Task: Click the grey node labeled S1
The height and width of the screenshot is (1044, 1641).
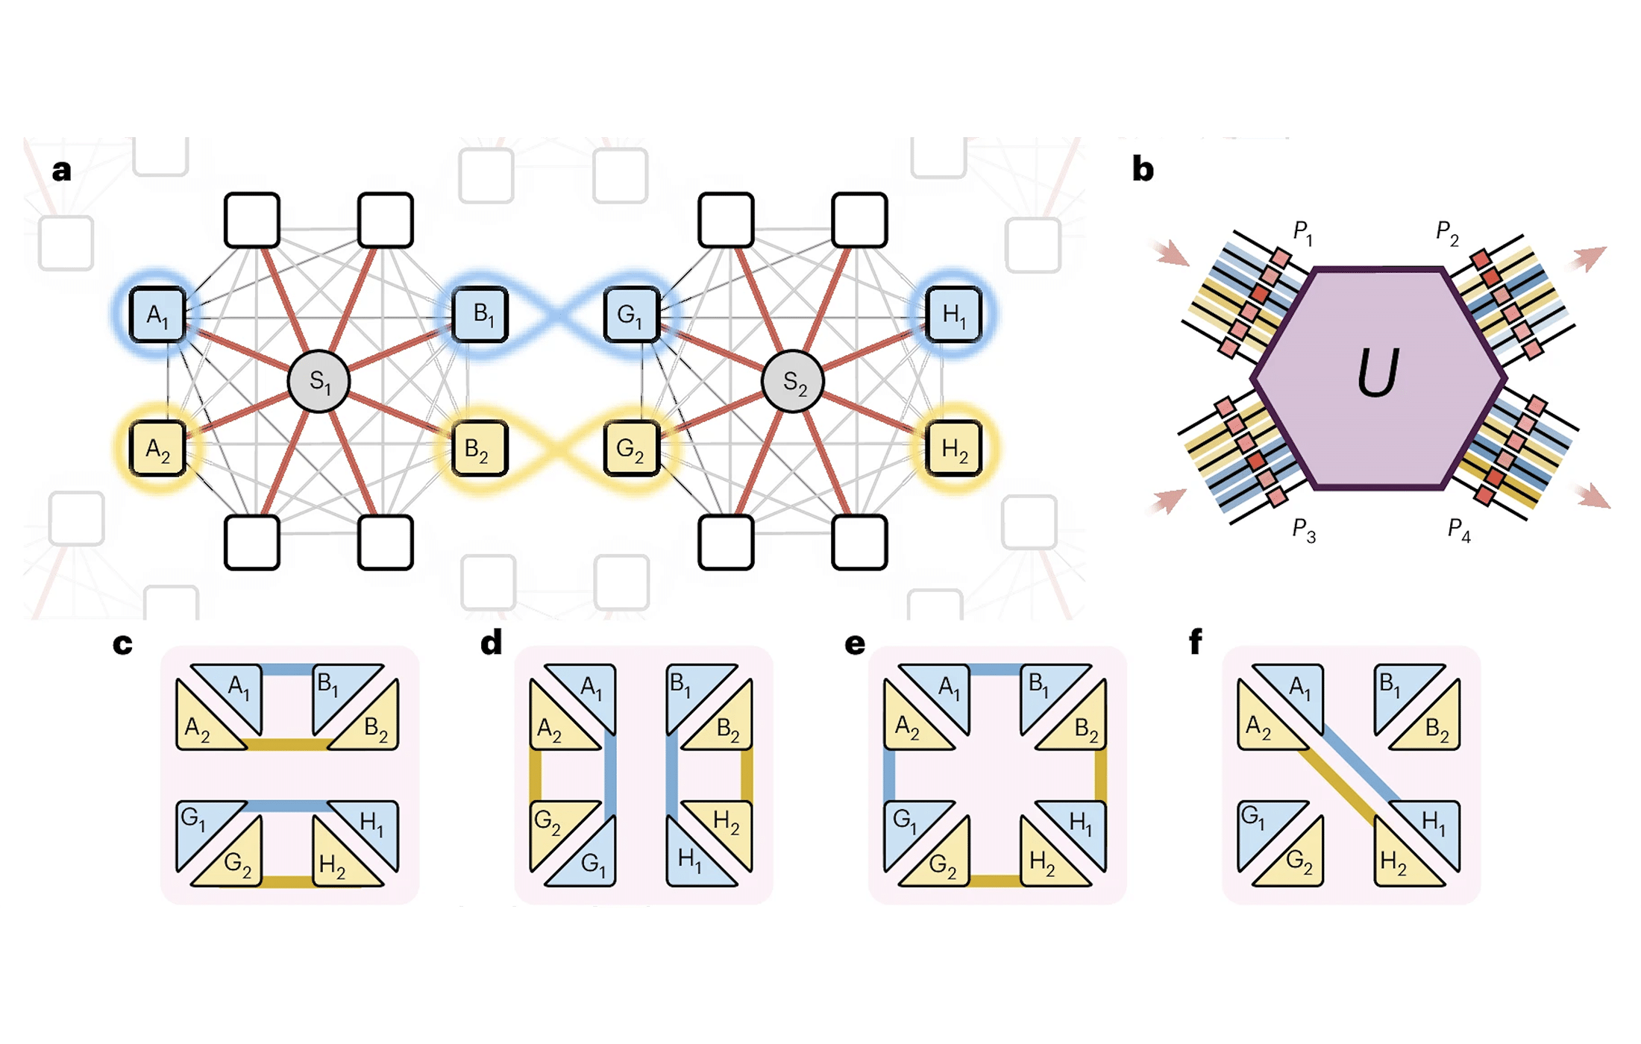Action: click(319, 381)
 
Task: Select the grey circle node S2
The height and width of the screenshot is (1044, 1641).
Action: click(793, 381)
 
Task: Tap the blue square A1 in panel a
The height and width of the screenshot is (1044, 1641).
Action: click(157, 315)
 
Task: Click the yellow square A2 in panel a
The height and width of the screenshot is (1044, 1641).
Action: click(157, 449)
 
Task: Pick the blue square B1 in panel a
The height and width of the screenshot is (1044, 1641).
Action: click(481, 315)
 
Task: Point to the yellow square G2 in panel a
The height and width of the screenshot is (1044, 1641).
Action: click(632, 449)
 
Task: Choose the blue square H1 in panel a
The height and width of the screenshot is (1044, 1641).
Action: click(953, 315)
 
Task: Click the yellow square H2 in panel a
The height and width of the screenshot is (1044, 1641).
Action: click(953, 449)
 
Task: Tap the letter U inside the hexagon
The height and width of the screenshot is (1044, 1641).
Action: click(1376, 373)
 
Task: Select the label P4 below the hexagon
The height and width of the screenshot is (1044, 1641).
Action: click(1458, 530)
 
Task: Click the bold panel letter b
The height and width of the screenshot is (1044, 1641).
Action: click(1142, 169)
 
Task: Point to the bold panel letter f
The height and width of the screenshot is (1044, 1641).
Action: click(1195, 641)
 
